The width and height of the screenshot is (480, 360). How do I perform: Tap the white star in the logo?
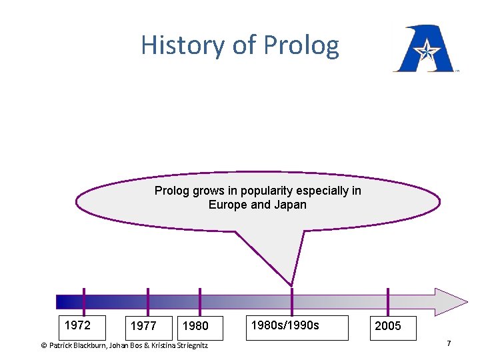click(424, 49)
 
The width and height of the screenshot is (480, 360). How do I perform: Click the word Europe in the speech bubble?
click(228, 205)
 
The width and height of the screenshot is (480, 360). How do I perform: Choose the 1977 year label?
click(143, 326)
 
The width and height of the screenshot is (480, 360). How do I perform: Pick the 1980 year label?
click(195, 326)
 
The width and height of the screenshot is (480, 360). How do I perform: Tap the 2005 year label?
click(388, 326)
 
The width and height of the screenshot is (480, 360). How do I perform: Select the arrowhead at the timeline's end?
click(451, 301)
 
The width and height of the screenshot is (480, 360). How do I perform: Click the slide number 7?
click(449, 343)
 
